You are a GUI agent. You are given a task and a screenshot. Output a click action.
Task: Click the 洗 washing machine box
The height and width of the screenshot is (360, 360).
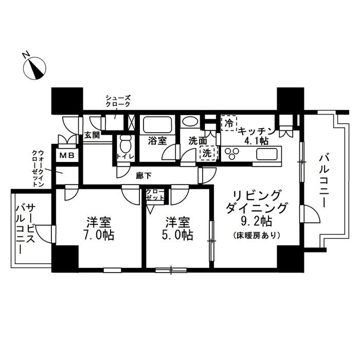(x=206, y=153)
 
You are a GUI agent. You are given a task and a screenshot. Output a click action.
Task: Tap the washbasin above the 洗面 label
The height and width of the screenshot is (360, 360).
(x=190, y=122)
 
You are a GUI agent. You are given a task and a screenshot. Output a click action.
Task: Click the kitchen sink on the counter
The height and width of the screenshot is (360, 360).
(x=267, y=153)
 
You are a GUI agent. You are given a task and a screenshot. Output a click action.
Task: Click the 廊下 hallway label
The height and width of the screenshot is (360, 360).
(x=143, y=175)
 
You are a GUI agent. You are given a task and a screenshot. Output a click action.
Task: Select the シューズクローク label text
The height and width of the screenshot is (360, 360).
(x=118, y=101)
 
